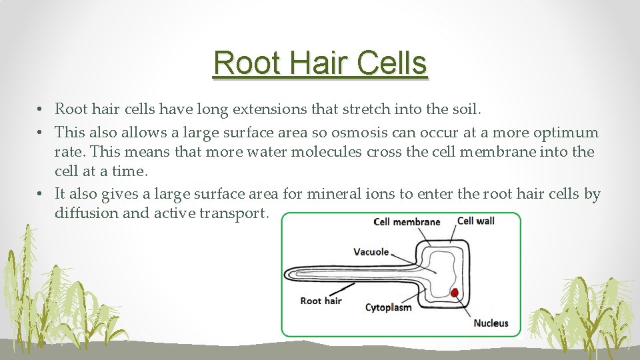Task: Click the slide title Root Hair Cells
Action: (320, 63)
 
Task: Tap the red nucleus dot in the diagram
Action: (455, 292)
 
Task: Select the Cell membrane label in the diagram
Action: (407, 222)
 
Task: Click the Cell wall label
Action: (476, 221)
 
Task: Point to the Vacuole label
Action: (371, 251)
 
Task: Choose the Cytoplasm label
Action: (388, 307)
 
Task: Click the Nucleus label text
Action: (491, 323)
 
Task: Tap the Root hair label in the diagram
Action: (321, 301)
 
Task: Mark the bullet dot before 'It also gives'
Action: (41, 194)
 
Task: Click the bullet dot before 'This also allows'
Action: (41, 132)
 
